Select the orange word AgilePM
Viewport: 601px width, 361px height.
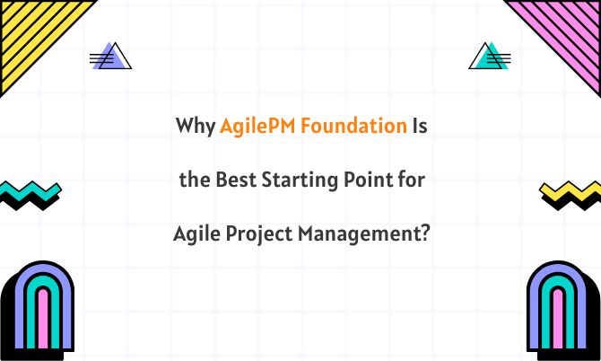[x=257, y=127]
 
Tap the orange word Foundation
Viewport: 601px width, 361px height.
[x=353, y=126]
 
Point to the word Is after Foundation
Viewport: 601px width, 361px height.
[x=419, y=126]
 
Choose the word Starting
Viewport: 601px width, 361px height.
[x=292, y=181]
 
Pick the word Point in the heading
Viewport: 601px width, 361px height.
[x=363, y=180]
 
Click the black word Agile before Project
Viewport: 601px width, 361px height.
[x=194, y=236]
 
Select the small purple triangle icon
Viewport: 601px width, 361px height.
[x=111, y=57]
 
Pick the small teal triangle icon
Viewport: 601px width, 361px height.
[x=490, y=57]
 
